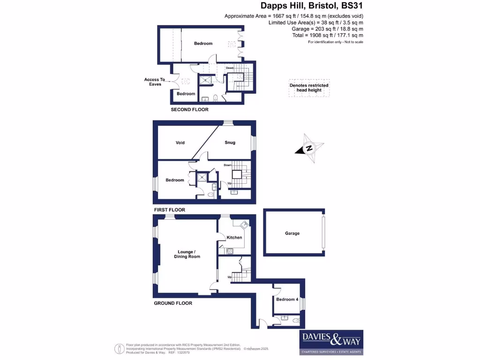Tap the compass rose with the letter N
[309, 148]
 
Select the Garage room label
[292, 233]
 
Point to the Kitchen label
[234, 237]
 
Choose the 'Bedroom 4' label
[287, 299]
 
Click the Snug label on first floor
[230, 142]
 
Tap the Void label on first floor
[181, 142]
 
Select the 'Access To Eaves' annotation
[155, 82]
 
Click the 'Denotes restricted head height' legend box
[309, 88]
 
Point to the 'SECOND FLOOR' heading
[189, 109]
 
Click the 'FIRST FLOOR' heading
[169, 210]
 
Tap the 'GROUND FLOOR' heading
[173, 303]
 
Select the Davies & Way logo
[331, 342]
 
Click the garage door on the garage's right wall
[323, 233]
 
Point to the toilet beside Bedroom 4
[295, 321]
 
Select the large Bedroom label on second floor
[203, 44]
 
